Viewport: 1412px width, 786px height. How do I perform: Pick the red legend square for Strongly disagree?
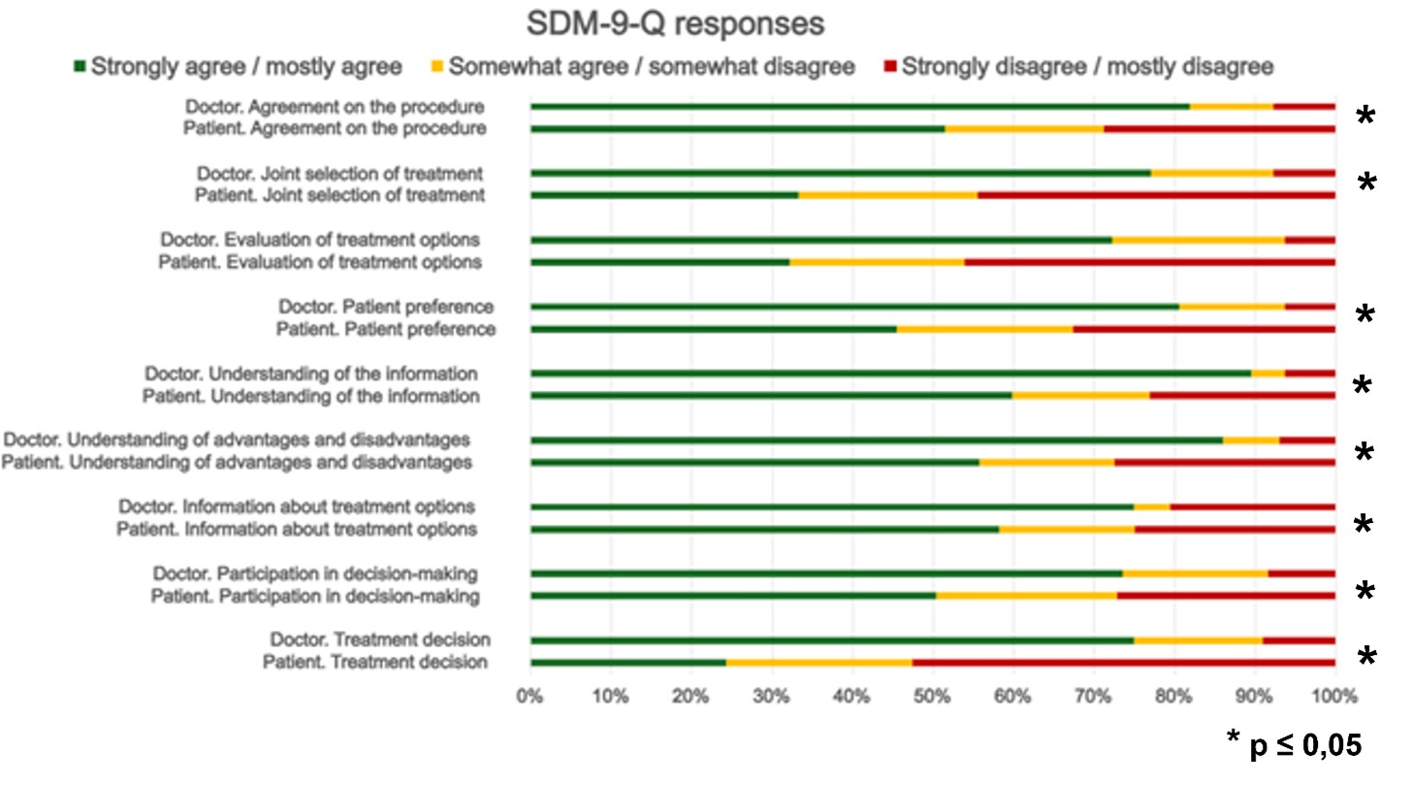tap(889, 67)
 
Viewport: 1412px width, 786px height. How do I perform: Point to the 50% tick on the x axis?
tap(932, 695)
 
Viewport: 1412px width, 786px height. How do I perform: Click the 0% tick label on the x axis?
tap(529, 695)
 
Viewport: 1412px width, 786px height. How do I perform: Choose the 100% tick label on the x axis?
tap(1334, 695)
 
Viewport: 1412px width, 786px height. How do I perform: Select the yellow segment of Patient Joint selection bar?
tap(887, 195)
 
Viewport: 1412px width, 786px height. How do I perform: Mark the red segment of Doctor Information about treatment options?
tap(1252, 507)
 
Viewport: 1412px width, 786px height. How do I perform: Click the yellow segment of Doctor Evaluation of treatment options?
tap(1198, 240)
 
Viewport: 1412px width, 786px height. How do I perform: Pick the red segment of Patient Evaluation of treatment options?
tap(1149, 262)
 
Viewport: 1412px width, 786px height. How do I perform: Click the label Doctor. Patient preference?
tap(386, 308)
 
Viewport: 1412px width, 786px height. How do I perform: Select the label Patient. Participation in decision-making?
tap(315, 597)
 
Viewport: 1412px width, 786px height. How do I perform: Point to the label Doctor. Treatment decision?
tap(380, 639)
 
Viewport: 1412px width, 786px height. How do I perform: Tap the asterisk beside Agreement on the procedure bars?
tap(1364, 117)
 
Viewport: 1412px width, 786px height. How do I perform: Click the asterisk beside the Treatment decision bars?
tap(1366, 657)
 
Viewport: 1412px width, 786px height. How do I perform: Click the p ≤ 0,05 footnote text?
tap(1295, 744)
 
